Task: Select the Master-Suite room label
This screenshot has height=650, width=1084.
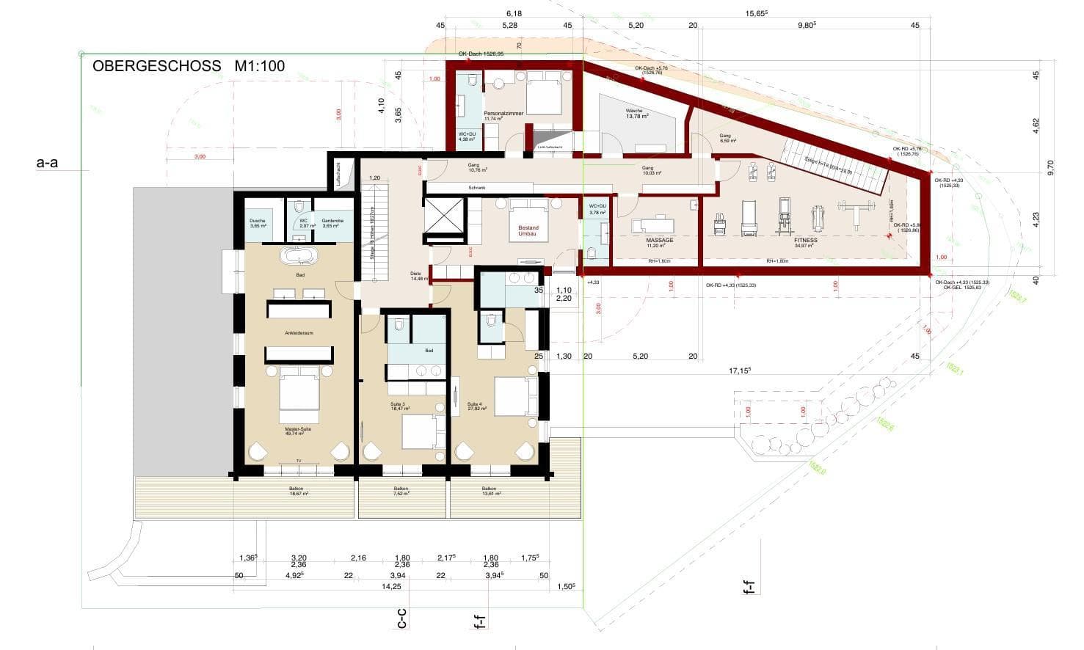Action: [299, 431]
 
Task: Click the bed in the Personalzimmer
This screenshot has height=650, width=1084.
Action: [544, 94]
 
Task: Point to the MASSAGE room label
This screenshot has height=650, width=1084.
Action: [659, 241]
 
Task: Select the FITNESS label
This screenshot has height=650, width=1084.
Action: [805, 241]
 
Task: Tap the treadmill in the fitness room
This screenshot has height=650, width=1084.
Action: [749, 219]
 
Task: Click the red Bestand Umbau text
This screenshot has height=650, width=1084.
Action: [528, 230]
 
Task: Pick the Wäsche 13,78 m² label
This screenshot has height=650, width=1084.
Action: [635, 114]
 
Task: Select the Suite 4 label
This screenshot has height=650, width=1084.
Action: [474, 406]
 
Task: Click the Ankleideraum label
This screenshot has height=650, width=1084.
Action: [299, 333]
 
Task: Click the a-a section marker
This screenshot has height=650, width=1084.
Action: [47, 163]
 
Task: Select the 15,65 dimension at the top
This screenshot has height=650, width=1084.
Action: [756, 13]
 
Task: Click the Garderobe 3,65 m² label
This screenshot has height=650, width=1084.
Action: [332, 223]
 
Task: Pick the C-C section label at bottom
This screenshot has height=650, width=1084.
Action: [401, 620]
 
